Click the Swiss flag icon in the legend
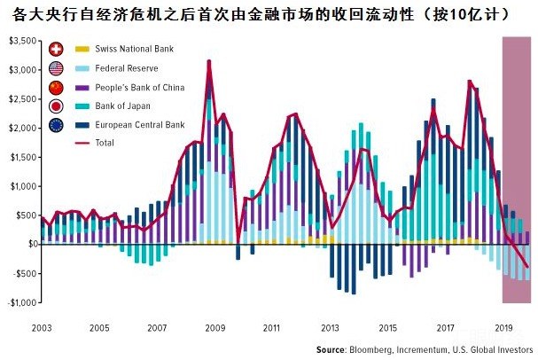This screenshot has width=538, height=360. click(58, 48)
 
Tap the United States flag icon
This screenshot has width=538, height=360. click(58, 67)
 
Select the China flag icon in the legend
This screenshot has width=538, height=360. click(58, 88)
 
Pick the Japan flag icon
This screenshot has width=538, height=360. click(58, 107)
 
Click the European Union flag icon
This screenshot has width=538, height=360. click(58, 127)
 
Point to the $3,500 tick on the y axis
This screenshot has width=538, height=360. click(20, 41)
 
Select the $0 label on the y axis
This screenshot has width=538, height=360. click(29, 244)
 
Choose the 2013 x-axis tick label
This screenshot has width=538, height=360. click(331, 327)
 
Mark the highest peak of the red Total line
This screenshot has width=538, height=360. click(209, 62)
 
